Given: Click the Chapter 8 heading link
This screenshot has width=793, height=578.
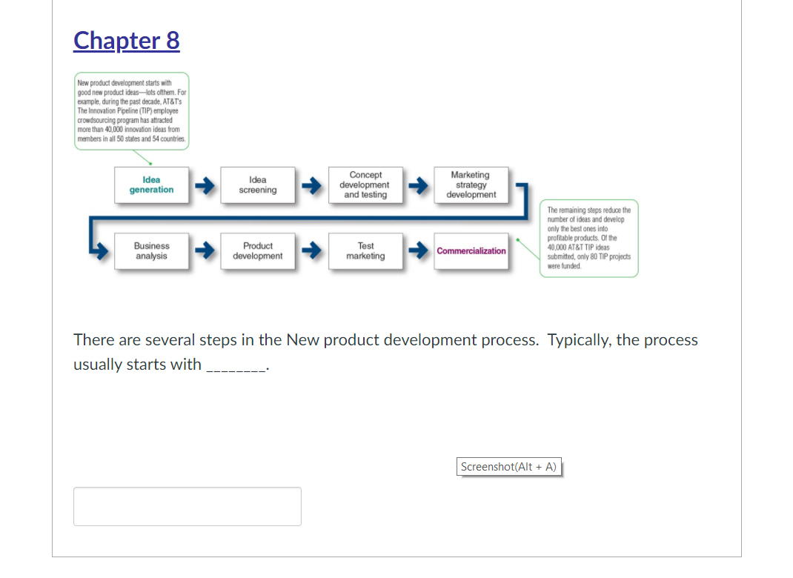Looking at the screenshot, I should click(127, 40).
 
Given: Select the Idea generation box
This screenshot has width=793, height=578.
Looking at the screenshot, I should click(151, 185).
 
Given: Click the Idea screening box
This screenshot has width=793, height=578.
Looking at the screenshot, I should click(258, 185).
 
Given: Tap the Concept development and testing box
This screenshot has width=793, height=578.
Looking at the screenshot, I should click(365, 185).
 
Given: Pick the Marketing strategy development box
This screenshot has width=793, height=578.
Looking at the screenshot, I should click(471, 185).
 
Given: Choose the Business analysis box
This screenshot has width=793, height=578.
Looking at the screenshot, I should click(151, 251).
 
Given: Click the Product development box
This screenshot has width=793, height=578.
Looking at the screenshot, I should click(258, 251).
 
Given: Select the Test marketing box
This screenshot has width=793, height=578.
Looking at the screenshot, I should click(365, 251).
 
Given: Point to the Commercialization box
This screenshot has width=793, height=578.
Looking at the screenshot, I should click(471, 251).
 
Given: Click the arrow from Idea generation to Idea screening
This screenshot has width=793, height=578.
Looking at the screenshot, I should click(205, 185).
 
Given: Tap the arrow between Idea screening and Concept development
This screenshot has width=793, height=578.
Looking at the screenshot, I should click(311, 185).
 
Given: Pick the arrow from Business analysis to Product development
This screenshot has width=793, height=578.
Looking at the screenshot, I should click(205, 251).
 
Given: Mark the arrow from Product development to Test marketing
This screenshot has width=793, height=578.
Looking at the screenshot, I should click(311, 251).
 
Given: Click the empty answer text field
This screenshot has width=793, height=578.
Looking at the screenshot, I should click(188, 506).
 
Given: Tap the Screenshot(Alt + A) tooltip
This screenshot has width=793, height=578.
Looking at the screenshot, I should click(508, 467).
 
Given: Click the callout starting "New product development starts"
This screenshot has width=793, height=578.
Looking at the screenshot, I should click(131, 111).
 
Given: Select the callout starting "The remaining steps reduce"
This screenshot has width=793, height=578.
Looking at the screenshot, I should click(589, 238).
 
